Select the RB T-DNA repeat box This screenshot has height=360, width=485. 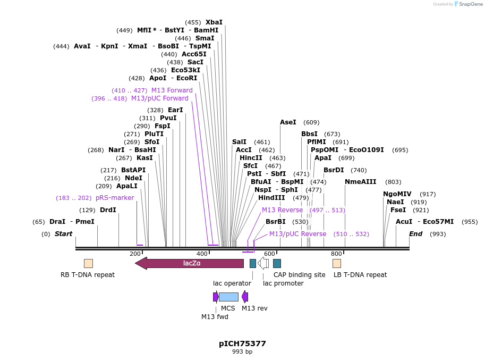(x=88, y=263)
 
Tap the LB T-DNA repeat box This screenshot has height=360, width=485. (x=337, y=263)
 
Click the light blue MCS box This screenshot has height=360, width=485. (x=228, y=297)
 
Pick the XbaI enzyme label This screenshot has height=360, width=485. (x=214, y=22)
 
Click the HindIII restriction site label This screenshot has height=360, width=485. (x=271, y=198)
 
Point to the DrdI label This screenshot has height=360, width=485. (x=108, y=210)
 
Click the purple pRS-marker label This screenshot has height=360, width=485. (x=115, y=198)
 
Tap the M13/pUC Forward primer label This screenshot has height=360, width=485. (x=159, y=98)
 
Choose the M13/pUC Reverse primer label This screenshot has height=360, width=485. (x=297, y=234)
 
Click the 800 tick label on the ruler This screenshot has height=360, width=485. (x=336, y=254)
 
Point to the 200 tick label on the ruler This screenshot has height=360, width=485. (x=135, y=254)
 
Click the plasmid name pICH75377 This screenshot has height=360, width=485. (x=242, y=344)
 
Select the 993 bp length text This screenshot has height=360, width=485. (x=242, y=352)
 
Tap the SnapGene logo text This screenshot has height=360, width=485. (x=470, y=4)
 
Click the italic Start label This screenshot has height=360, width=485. (x=63, y=234)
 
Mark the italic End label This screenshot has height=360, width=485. (x=415, y=234)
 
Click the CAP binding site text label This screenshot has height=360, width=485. (x=299, y=275)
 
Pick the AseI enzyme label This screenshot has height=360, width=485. (x=288, y=122)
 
